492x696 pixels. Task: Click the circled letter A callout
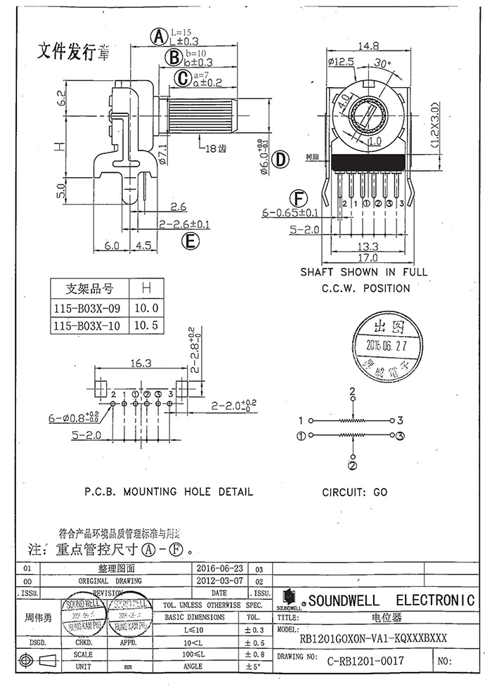pos(160,36)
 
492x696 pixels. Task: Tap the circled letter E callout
pos(188,243)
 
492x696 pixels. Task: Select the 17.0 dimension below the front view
pos(368,258)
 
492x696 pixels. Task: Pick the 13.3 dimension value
pos(368,246)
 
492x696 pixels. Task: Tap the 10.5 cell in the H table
pos(146,326)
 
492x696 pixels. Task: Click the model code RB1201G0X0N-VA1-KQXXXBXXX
pos(373,638)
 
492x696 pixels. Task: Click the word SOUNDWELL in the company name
pos(344,600)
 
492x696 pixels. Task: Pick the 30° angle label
pos(382,63)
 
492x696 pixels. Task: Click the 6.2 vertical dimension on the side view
pos(61,98)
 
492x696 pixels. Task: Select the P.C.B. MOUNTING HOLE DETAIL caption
pos(169,492)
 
